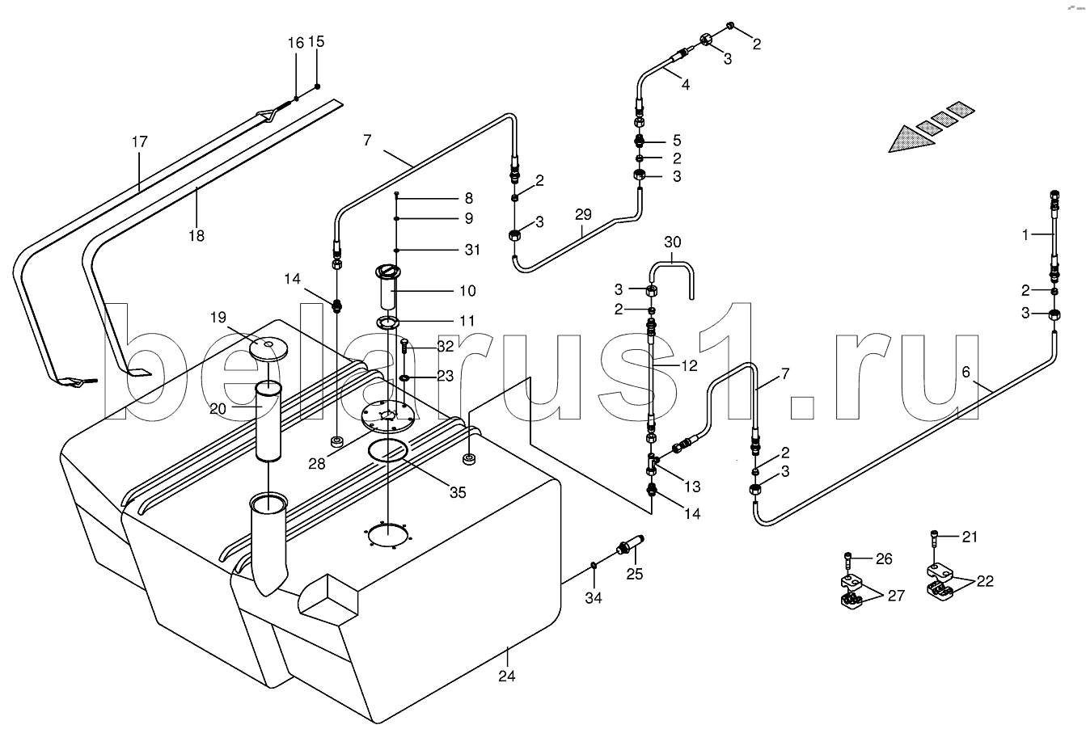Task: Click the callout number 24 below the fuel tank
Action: pos(507,676)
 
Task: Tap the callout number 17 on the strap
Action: pos(140,142)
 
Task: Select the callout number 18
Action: pos(196,235)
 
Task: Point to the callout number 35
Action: pos(458,492)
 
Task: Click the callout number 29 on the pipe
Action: pos(583,214)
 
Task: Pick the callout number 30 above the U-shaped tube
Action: pos(673,242)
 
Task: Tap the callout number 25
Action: pos(634,574)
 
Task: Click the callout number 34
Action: pos(594,598)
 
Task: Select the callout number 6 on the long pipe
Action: pos(966,372)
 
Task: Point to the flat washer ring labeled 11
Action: pos(387,322)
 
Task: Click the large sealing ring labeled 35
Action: pos(387,451)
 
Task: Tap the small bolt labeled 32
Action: pos(404,348)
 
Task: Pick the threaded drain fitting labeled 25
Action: pos(630,545)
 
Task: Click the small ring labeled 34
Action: pos(594,565)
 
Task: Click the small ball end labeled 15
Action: pos(317,86)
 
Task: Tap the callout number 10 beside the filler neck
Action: pos(467,291)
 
